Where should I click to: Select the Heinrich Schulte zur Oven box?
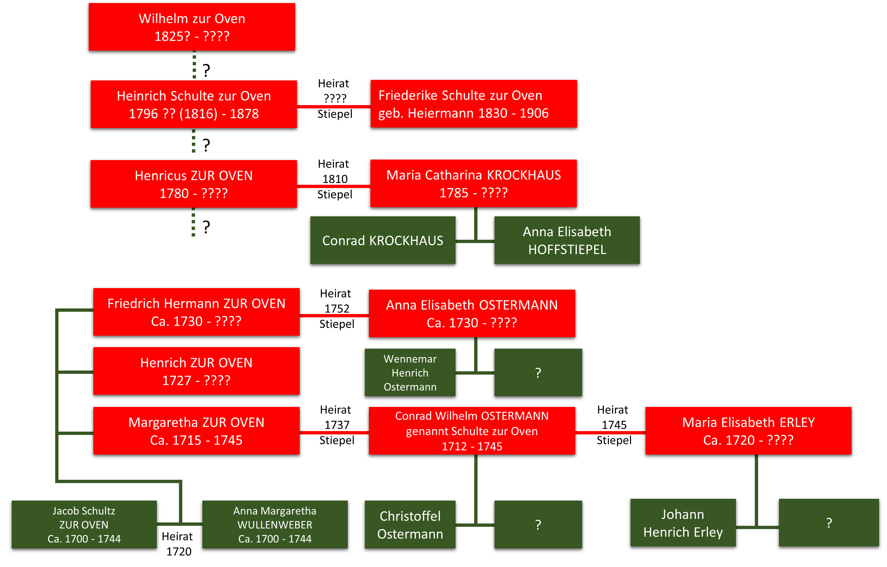pyautogui.click(x=194, y=104)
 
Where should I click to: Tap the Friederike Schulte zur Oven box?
pyautogui.click(x=474, y=104)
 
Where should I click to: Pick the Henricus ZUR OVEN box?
pyautogui.click(x=194, y=184)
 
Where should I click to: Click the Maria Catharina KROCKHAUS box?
pyautogui.click(x=473, y=183)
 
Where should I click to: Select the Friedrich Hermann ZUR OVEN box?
pyautogui.click(x=196, y=312)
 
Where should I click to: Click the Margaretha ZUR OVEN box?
pyautogui.click(x=196, y=431)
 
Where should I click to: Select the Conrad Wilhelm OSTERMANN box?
pyautogui.click(x=472, y=431)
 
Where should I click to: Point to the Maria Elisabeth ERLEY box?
pyautogui.click(x=748, y=431)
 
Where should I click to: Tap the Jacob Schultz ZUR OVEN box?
pyautogui.click(x=84, y=524)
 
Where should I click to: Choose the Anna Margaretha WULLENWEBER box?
pyautogui.click(x=275, y=524)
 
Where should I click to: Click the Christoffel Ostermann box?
pyautogui.click(x=410, y=524)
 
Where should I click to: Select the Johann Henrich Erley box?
pyautogui.click(x=683, y=523)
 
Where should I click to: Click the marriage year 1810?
pyautogui.click(x=335, y=179)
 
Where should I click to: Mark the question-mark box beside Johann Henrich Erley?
pyautogui.click(x=829, y=523)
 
